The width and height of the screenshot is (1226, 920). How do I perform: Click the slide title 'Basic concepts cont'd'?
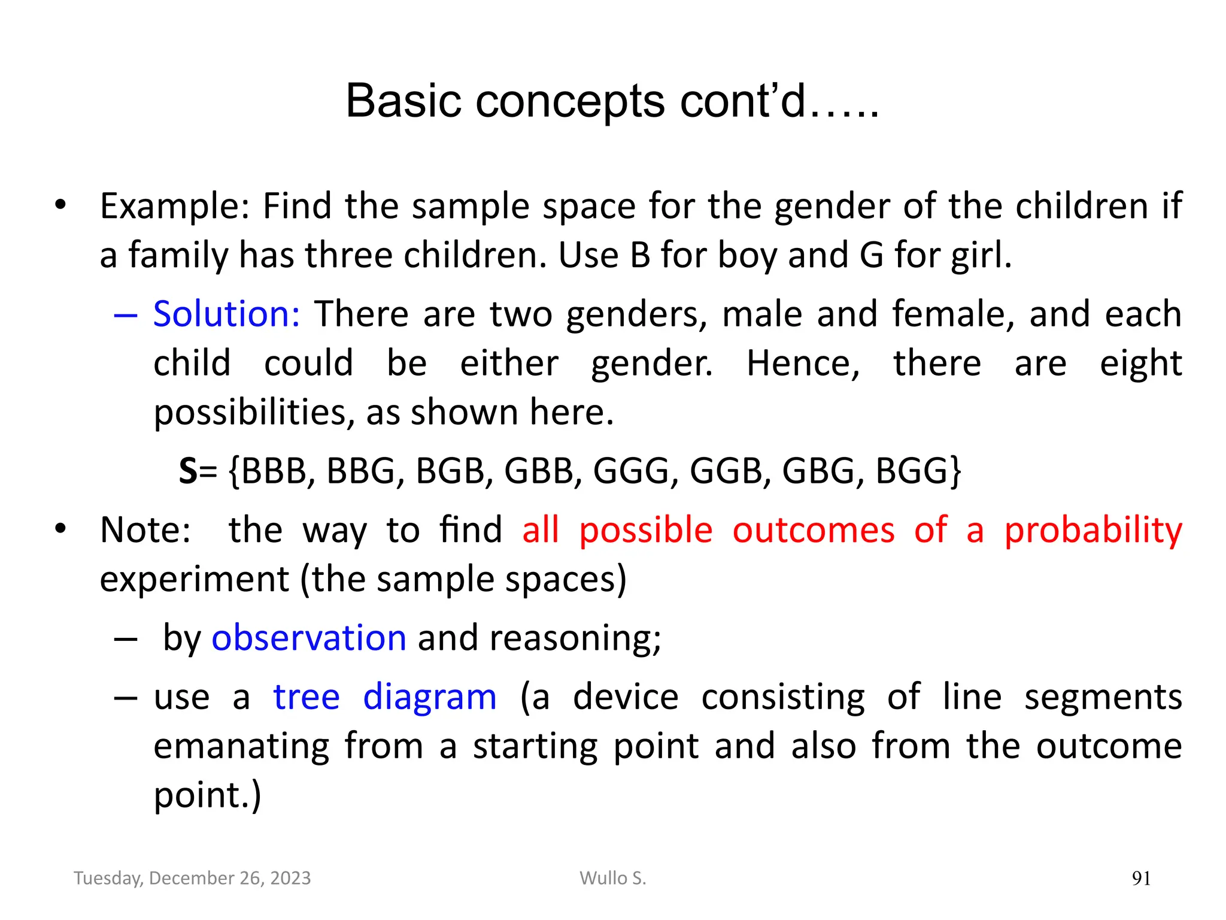612,101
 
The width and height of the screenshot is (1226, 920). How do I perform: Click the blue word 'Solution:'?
226,314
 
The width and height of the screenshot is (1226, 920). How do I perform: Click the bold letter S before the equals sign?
188,471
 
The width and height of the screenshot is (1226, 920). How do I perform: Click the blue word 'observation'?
309,637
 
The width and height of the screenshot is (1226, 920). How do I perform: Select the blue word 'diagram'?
430,697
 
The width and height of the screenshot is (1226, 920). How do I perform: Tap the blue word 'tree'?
306,697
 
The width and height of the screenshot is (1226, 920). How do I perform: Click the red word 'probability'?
1093,531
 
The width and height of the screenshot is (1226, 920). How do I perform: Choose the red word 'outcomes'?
814,531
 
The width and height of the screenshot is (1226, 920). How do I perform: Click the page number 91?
1141,879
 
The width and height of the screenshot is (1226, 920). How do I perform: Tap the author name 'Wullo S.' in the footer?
612,878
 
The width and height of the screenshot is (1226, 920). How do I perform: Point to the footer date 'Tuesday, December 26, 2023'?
192,878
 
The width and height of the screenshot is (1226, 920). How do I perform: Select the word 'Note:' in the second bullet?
145,531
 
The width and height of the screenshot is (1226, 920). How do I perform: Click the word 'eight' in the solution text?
1140,364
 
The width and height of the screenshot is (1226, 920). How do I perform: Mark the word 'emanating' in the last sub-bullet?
241,746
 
